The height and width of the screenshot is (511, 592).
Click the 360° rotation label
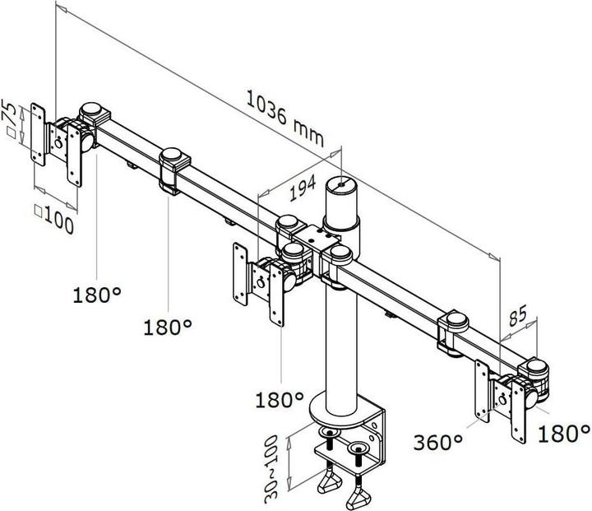438,444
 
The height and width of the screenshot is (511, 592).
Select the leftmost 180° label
95,294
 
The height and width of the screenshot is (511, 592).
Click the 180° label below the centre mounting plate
280,401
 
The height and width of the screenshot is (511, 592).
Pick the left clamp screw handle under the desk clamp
329,481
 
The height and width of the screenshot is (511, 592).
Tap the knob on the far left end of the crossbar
93,109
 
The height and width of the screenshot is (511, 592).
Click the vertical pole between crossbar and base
338,346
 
